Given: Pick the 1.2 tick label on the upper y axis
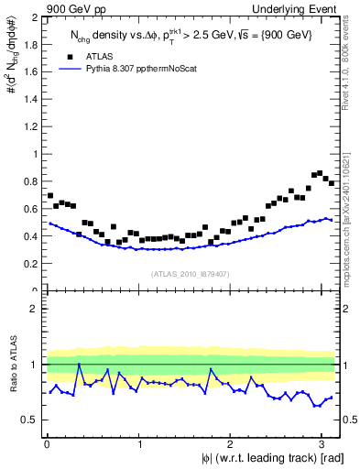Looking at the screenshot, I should point(29,127).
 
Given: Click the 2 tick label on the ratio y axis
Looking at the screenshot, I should point(33,309).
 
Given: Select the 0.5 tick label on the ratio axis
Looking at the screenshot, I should point(29,420).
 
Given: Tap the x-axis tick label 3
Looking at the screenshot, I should point(322,444).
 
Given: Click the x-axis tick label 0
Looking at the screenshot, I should point(47,444).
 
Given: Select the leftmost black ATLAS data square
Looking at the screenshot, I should point(50,195).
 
